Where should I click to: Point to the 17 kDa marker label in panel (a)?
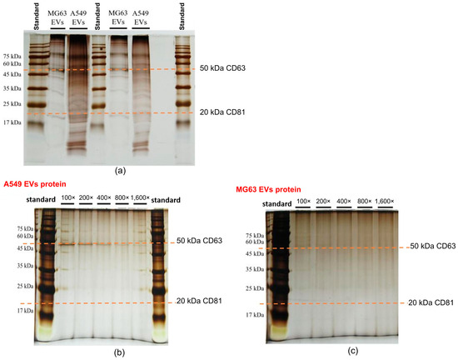pyautogui.click(x=13, y=121)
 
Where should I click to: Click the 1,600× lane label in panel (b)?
pyautogui.click(x=137, y=199)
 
